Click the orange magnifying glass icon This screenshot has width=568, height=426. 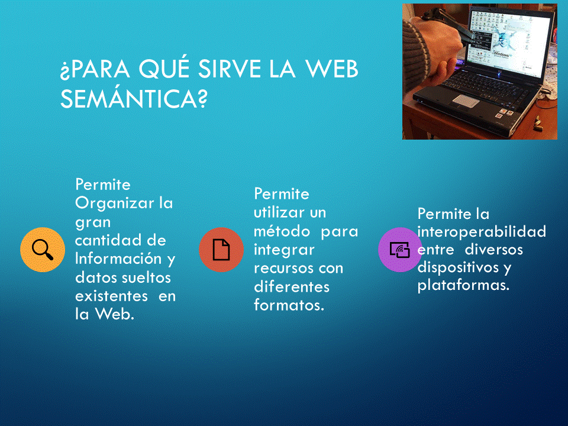(x=43, y=250)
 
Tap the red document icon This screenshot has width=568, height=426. (x=221, y=250)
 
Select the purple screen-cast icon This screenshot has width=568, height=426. (x=400, y=250)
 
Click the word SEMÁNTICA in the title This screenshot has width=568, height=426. (x=134, y=98)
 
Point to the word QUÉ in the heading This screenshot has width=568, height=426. (x=164, y=68)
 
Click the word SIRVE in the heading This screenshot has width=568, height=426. (x=230, y=69)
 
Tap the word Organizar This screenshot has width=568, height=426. (x=114, y=204)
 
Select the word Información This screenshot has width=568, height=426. (x=118, y=259)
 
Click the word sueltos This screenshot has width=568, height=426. (x=146, y=277)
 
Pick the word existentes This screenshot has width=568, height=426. (x=112, y=296)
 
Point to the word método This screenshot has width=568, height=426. (x=282, y=231)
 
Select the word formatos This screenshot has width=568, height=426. (x=289, y=305)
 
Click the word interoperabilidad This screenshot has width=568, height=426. (x=482, y=232)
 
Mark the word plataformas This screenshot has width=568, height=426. (x=463, y=285)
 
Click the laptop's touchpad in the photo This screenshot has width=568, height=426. (x=466, y=101)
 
